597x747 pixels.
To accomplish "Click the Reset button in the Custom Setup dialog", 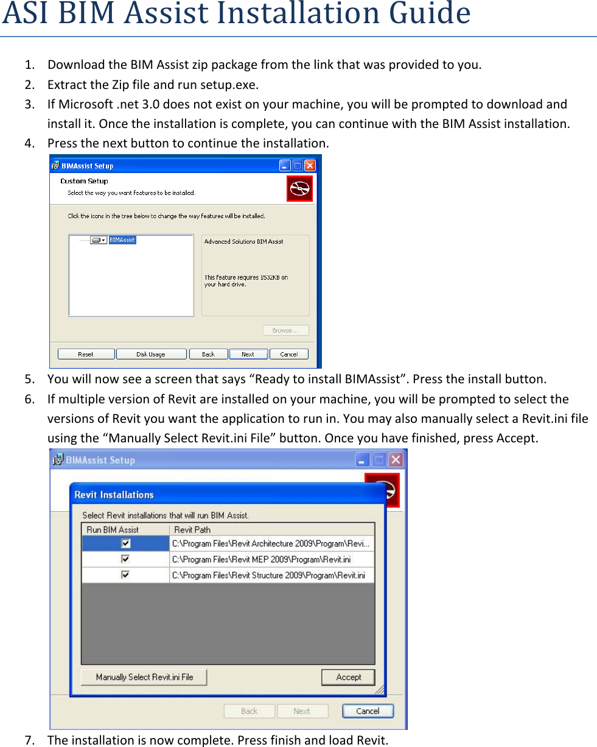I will tap(86, 354).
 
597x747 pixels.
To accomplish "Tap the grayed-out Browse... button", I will tap(285, 330).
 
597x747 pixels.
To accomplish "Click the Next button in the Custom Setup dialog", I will tap(248, 354).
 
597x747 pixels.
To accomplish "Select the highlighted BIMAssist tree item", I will tap(122, 240).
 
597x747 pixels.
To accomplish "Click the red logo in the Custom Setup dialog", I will tap(299, 188).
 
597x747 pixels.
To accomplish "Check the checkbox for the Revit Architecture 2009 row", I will tap(125, 543).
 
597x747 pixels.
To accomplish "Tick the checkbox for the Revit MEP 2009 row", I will tap(125, 559).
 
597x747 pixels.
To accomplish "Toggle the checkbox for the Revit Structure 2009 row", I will tap(125, 575).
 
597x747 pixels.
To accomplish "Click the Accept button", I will tap(348, 677).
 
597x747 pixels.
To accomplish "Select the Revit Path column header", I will tap(192, 529).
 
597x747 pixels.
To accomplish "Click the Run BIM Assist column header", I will tap(113, 529).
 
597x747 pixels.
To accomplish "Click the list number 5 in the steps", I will tap(29, 379).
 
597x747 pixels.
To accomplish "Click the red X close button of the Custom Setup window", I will tap(310, 166).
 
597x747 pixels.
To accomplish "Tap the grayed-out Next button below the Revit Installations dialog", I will tap(302, 711).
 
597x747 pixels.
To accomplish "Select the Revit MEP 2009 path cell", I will tap(261, 559).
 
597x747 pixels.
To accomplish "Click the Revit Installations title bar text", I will tap(114, 495).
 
